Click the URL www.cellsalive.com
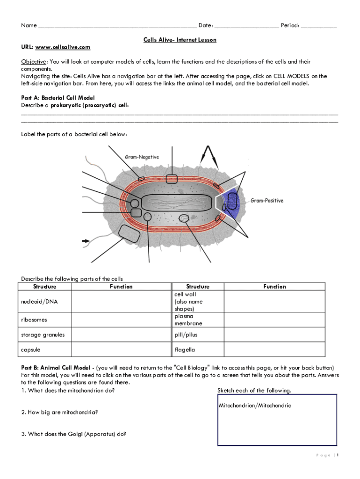coord(63,47)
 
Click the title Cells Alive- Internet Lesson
coord(180,40)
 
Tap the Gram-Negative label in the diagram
coord(142,157)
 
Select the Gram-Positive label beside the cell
coord(267,201)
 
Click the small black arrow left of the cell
coord(86,241)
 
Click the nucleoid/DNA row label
coord(39,302)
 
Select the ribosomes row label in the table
coord(34,320)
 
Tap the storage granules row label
coord(43,334)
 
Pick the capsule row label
coord(31,349)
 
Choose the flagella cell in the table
coord(185,349)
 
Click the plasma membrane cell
coord(188,320)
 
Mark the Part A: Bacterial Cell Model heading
coord(58,98)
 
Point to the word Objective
coord(34,62)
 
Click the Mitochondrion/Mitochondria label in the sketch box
coord(255,406)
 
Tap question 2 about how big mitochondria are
coord(59,412)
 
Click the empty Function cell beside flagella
coord(274,349)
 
